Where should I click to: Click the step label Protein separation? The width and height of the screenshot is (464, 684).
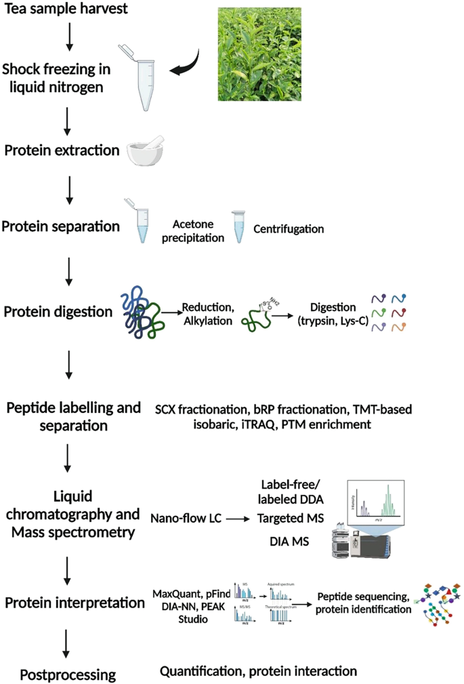click(x=60, y=227)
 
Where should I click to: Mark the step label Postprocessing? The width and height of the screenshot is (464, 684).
click(x=68, y=674)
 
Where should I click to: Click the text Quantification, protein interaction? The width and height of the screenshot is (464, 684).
click(x=257, y=671)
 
